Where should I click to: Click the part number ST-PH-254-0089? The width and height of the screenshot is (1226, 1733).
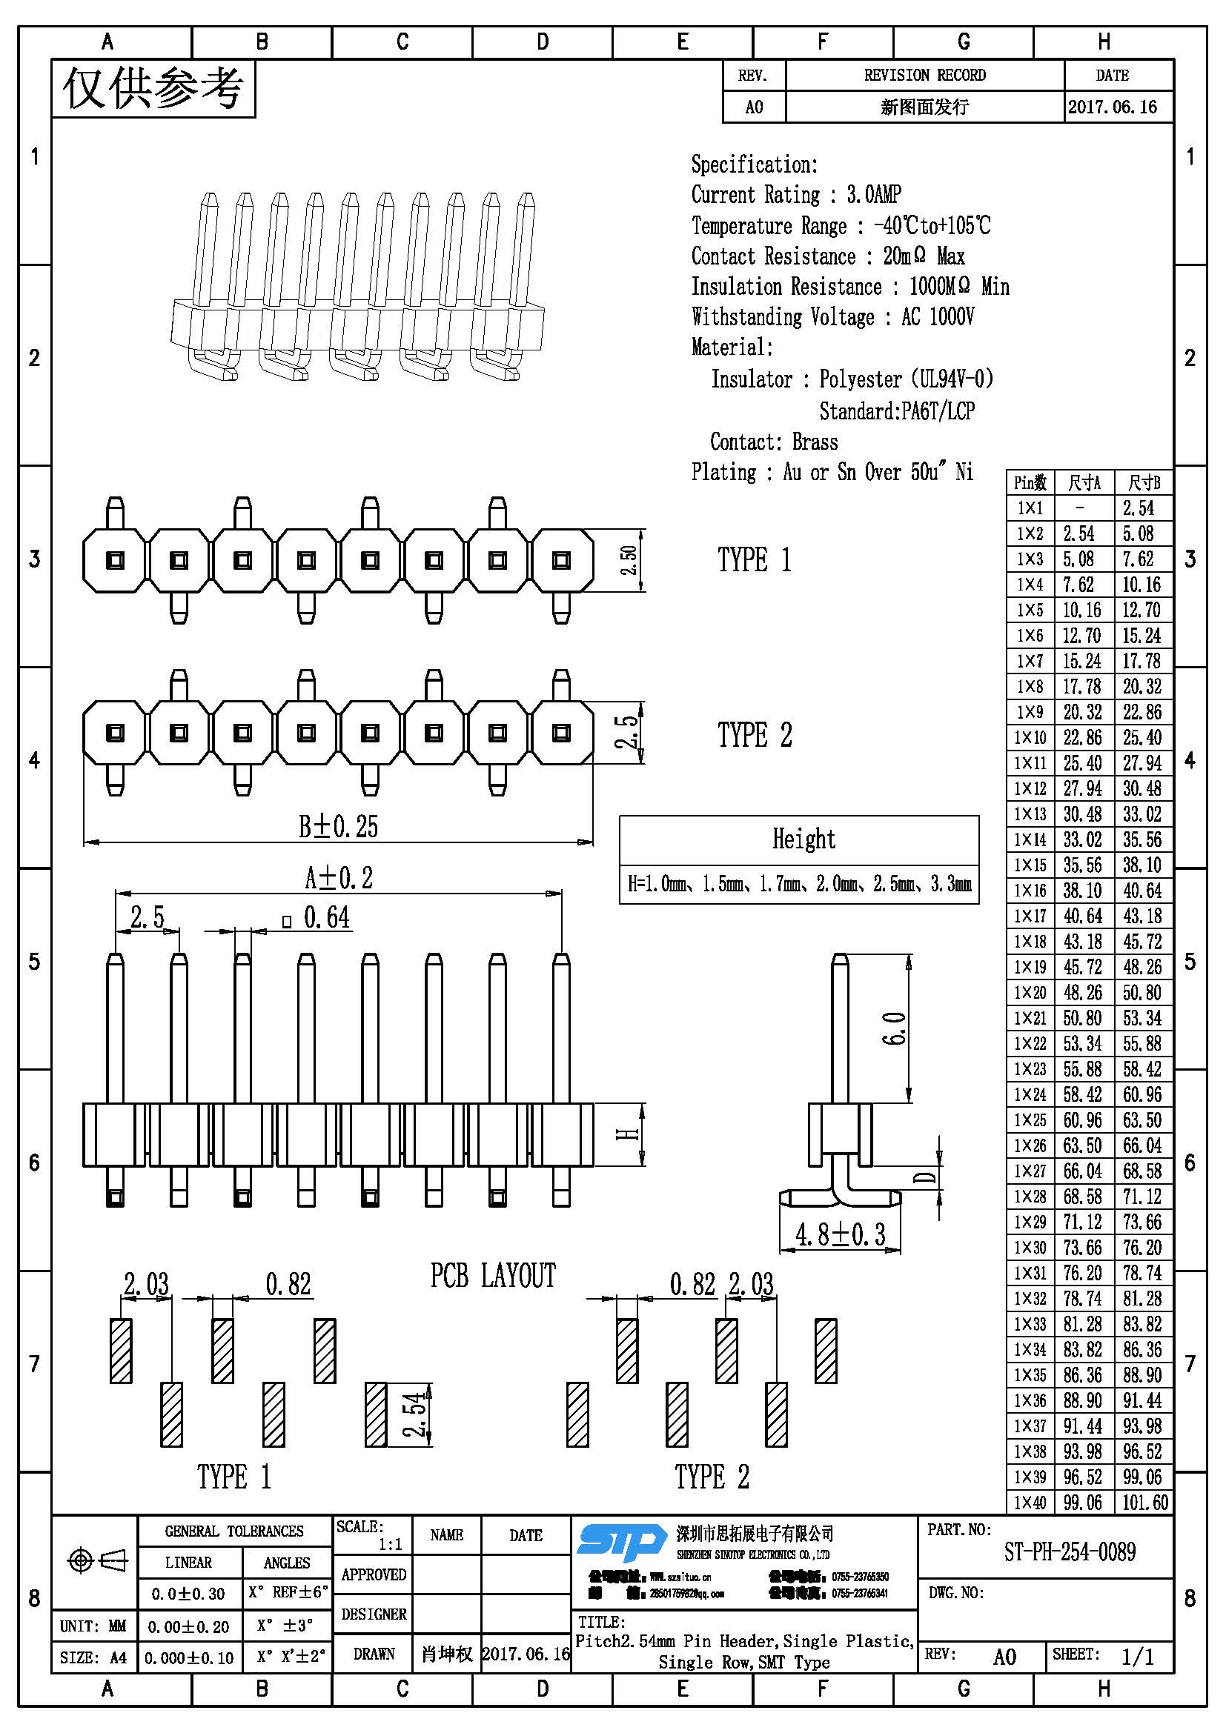1069,1553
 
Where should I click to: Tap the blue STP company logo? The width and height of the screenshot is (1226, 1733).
621,1542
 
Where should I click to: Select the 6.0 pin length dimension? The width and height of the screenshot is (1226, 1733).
893,1028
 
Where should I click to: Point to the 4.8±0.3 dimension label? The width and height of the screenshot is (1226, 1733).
840,1235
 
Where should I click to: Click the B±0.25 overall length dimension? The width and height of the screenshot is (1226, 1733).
337,827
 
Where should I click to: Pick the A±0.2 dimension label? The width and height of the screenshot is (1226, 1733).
338,878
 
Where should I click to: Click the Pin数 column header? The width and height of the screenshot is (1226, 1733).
1029,483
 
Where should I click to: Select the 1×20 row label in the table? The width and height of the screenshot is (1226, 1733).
1030,993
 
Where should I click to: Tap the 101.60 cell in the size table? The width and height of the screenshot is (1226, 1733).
1144,1502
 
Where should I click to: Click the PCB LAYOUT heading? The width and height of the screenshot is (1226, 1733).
492,1276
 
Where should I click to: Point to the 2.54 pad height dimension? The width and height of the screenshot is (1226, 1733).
414,1414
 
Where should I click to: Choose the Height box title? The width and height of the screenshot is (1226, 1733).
803,839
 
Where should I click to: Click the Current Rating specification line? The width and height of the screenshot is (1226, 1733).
795,195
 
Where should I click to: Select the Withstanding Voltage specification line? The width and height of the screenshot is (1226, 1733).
832,316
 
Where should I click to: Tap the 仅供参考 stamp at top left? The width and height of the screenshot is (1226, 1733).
153,88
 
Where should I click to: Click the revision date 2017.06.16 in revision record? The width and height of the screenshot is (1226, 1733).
1112,107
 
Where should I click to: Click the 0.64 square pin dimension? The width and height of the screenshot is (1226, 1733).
325,918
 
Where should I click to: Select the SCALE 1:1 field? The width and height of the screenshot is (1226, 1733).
371,1535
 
